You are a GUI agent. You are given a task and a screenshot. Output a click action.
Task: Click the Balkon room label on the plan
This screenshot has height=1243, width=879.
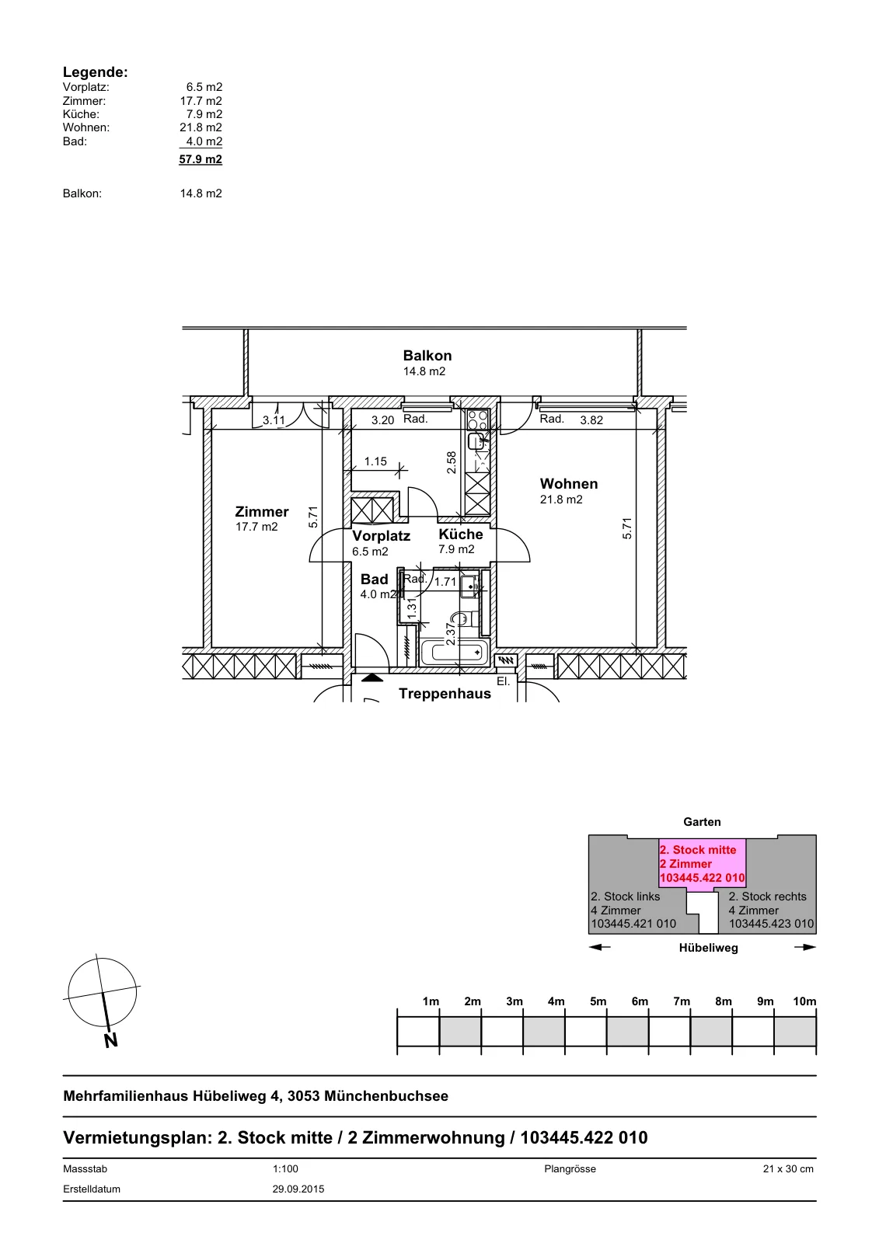pyautogui.click(x=427, y=355)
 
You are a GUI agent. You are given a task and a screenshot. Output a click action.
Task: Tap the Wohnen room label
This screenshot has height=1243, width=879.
pyautogui.click(x=569, y=483)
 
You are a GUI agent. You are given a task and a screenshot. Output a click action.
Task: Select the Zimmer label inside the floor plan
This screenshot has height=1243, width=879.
pyautogui.click(x=262, y=511)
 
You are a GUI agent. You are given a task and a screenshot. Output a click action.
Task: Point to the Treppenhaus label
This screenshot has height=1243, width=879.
pyautogui.click(x=445, y=694)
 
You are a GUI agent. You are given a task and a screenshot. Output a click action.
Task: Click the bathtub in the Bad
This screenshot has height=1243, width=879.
pyautogui.click(x=455, y=653)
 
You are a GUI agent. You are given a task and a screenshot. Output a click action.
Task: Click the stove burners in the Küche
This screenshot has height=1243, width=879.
pyautogui.click(x=477, y=420)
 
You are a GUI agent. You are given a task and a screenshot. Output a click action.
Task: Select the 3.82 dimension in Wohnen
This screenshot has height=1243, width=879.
pyautogui.click(x=591, y=420)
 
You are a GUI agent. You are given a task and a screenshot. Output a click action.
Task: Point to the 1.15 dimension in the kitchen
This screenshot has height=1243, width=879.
pyautogui.click(x=375, y=461)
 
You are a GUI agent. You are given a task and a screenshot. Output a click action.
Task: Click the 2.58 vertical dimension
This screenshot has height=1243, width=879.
pyautogui.click(x=452, y=462)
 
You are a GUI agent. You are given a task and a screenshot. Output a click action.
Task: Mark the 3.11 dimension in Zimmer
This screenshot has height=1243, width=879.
pyautogui.click(x=274, y=420)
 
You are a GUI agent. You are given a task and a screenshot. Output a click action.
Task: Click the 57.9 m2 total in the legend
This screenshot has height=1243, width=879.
pyautogui.click(x=201, y=159)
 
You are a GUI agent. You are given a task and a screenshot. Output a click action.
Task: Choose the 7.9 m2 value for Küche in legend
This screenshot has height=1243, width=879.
pyautogui.click(x=204, y=113)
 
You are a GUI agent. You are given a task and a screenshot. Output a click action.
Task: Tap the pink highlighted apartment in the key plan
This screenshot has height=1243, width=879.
pyautogui.click(x=702, y=863)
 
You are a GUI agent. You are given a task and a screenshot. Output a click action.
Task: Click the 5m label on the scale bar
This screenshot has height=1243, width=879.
pyautogui.click(x=598, y=1001)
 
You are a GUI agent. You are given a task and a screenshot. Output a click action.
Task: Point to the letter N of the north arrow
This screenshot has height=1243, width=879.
pyautogui.click(x=111, y=1040)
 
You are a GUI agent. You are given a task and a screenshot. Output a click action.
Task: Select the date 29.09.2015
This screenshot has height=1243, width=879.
pyautogui.click(x=298, y=1189)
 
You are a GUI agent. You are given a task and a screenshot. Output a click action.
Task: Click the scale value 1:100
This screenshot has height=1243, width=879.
pyautogui.click(x=285, y=1168)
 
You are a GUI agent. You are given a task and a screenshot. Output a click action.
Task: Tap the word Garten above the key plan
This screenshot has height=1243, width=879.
pyautogui.click(x=702, y=822)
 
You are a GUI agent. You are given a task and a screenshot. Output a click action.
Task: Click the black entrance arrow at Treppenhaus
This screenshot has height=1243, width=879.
pyautogui.click(x=372, y=677)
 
